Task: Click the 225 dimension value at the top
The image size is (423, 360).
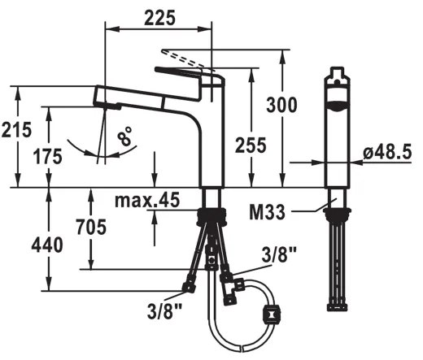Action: (x=160, y=18)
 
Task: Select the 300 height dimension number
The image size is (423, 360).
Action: (x=281, y=105)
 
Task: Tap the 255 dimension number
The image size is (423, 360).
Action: (x=251, y=145)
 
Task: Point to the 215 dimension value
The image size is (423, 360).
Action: (x=16, y=129)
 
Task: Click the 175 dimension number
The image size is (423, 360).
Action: (x=47, y=157)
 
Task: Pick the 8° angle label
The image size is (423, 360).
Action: (x=124, y=136)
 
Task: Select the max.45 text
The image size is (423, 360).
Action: (x=147, y=200)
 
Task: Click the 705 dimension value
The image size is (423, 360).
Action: (x=91, y=227)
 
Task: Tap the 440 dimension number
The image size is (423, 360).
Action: (x=47, y=245)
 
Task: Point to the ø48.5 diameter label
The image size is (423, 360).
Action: (x=387, y=152)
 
